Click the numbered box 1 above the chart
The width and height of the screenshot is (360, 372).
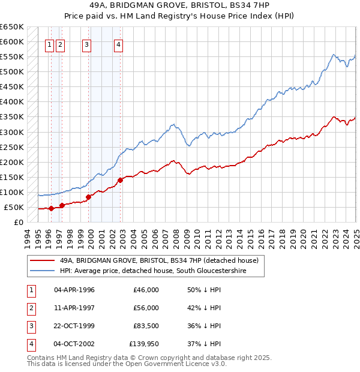(50, 44)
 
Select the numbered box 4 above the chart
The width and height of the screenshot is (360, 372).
(119, 44)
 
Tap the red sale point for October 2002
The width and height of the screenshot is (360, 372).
(121, 179)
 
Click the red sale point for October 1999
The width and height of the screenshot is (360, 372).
(89, 197)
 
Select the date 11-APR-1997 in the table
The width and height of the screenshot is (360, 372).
(74, 308)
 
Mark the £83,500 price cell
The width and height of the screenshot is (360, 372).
(145, 326)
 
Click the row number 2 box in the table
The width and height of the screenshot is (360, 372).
(31, 308)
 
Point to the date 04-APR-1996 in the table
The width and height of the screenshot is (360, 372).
(74, 290)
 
